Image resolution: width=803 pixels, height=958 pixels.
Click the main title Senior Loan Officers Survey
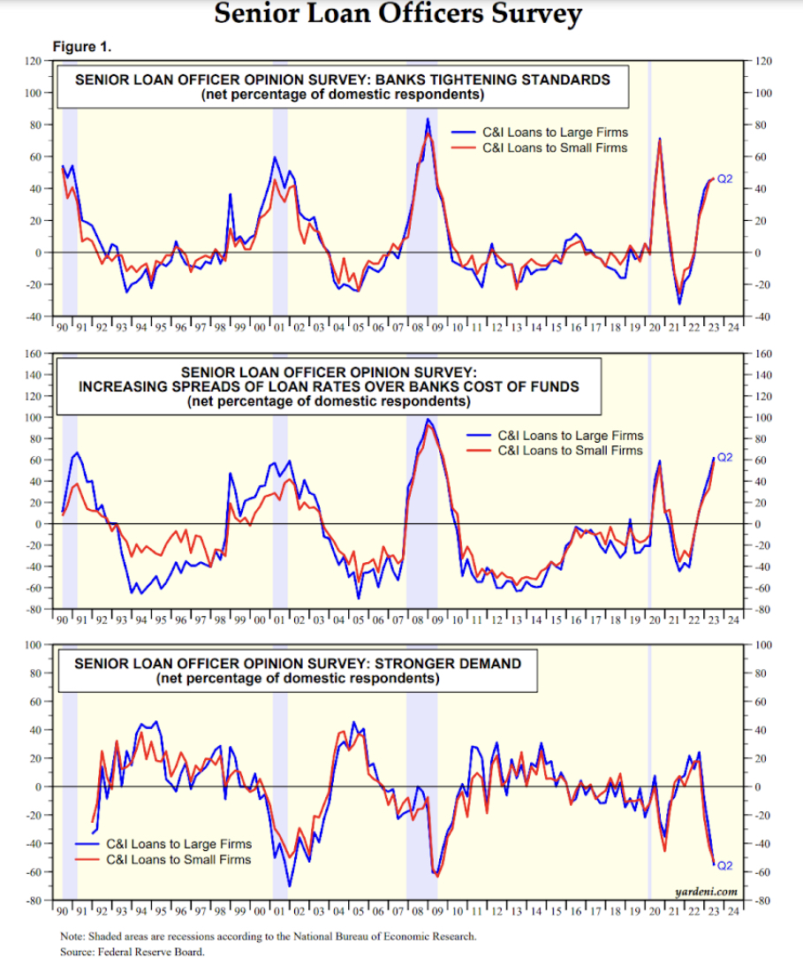coord(398,15)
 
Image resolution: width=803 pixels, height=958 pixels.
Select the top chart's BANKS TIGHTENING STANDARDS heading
coord(343,80)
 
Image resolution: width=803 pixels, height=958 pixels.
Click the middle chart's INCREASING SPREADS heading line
coord(329,386)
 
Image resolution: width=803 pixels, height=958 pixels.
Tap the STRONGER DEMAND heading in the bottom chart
coord(297,664)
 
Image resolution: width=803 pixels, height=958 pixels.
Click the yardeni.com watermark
coord(706,892)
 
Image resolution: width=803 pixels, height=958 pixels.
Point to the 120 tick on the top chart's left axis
coord(33,61)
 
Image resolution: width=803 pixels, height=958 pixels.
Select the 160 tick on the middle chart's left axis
coord(33,354)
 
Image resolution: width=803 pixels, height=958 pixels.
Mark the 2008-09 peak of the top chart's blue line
coord(428,118)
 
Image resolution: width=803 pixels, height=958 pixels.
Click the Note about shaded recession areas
coord(268,936)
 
